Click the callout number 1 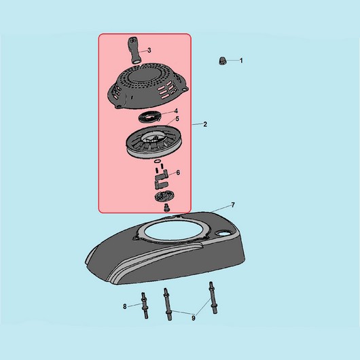pos(241,60)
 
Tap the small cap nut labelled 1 pos(222,61)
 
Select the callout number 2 pos(205,124)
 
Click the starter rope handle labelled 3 pos(134,50)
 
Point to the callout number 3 pos(149,50)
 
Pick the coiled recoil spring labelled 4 pos(149,118)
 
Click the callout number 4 pos(176,111)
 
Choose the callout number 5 pos(177,119)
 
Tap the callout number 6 pos(178,173)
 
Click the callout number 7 pos(233,205)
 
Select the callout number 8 pos(125,306)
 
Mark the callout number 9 pos(194,318)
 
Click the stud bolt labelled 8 pos(145,305)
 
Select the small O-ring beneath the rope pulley pos(158,161)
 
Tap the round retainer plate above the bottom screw pos(164,196)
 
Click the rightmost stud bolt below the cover pos(213,298)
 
